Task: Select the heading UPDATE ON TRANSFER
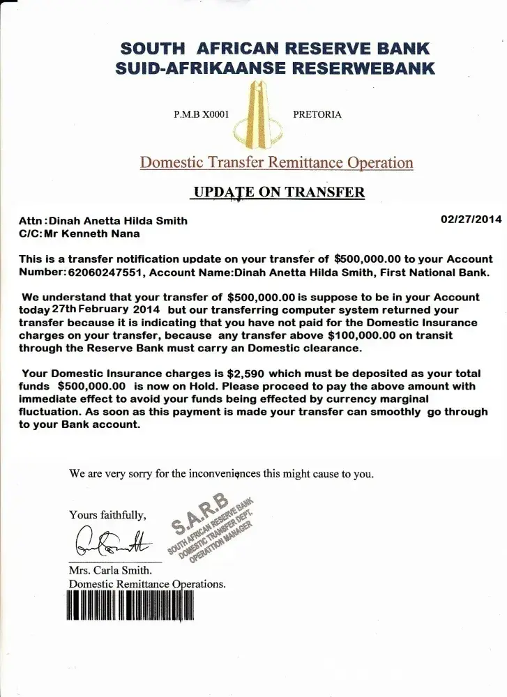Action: [278, 192]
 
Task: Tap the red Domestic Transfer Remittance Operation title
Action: [277, 163]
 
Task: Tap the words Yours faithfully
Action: [108, 515]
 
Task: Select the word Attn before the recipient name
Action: [31, 221]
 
